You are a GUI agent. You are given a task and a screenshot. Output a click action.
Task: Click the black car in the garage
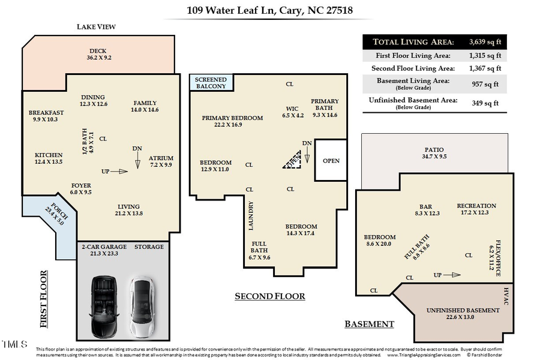click(104, 307)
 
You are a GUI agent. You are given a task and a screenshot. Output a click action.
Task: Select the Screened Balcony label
click(211, 83)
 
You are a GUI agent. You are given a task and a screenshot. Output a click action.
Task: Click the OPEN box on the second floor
click(331, 161)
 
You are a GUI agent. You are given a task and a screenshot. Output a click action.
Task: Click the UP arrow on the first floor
click(119, 172)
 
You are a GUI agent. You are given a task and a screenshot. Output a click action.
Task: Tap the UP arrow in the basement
click(452, 275)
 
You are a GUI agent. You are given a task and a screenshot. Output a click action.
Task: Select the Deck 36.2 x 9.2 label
click(98, 55)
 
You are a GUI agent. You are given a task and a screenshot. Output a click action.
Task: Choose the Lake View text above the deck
click(96, 27)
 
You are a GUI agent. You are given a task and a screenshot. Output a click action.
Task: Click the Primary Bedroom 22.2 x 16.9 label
click(232, 121)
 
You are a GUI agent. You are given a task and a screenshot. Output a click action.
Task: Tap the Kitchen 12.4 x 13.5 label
click(48, 158)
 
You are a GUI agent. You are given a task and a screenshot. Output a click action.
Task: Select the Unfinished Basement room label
click(463, 313)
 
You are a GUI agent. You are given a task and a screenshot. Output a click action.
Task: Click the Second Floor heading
click(269, 296)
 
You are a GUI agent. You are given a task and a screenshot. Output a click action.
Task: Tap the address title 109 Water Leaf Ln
click(269, 10)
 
